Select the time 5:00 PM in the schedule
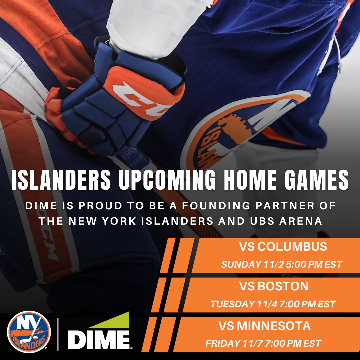click(302, 265)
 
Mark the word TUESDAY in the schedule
click(232, 304)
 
